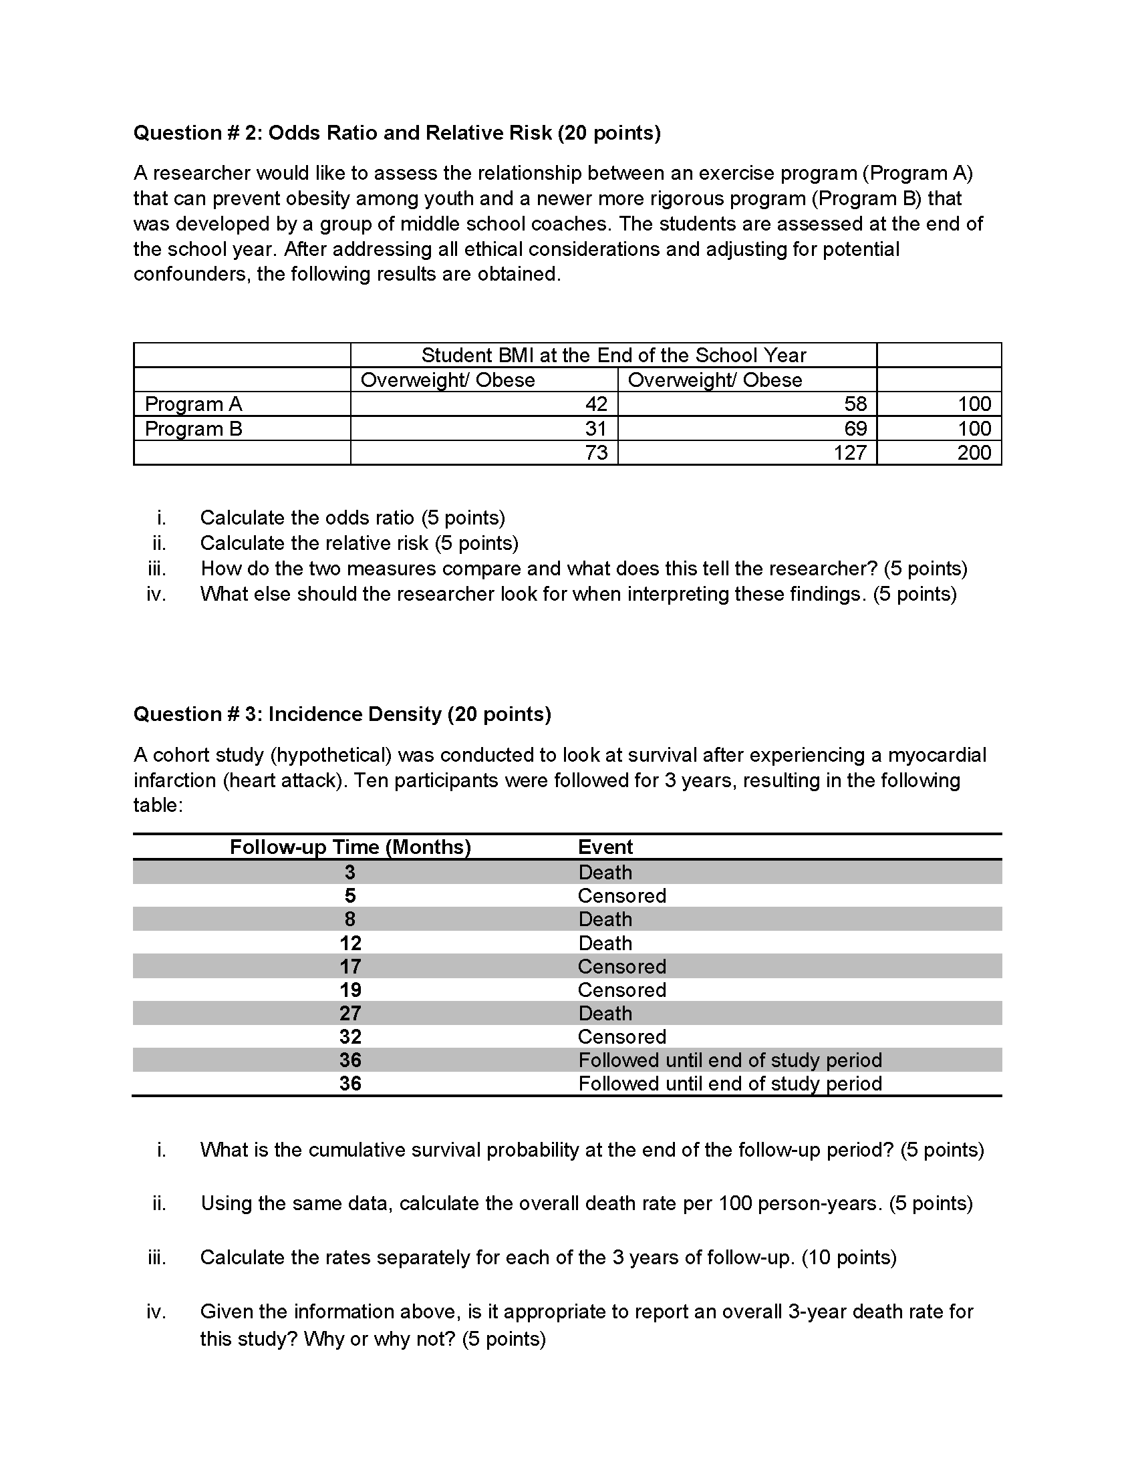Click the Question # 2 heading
point(396,133)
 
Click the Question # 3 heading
point(342,714)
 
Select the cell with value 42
point(595,404)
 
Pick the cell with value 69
point(855,428)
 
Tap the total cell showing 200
point(974,452)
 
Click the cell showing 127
point(849,452)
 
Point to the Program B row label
point(193,428)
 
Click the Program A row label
point(193,404)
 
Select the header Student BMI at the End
point(613,355)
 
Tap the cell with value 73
point(595,452)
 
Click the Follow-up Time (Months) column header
point(350,847)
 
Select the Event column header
point(605,847)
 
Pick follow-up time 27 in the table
point(350,1013)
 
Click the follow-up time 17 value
point(350,967)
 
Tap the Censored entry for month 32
point(622,1036)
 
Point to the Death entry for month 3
point(605,872)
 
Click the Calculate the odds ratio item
point(352,518)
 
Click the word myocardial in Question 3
point(937,755)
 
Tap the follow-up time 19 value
point(350,990)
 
